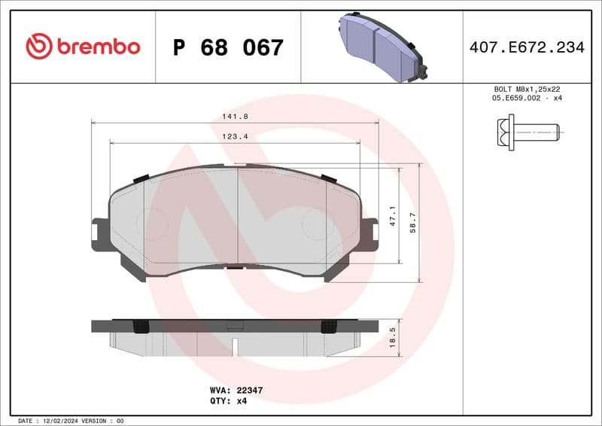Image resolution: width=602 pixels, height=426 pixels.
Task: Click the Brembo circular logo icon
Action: pyautogui.click(x=38, y=47)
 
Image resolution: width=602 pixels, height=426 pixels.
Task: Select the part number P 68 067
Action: pyautogui.click(x=228, y=47)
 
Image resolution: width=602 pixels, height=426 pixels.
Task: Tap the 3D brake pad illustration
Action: pyautogui.click(x=381, y=46)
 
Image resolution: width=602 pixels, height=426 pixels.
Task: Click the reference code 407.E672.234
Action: pyautogui.click(x=526, y=47)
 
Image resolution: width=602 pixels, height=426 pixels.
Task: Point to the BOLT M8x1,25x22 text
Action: pyautogui.click(x=526, y=89)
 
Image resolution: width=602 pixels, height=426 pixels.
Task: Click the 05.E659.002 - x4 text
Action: pyautogui.click(x=526, y=98)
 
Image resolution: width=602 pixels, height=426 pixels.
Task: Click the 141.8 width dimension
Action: pyautogui.click(x=235, y=116)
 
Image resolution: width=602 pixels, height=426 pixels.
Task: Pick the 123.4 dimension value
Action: pyautogui.click(x=235, y=136)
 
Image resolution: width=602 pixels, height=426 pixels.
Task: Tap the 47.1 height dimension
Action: pyautogui.click(x=391, y=216)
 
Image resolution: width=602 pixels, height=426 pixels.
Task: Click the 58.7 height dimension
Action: pyautogui.click(x=412, y=222)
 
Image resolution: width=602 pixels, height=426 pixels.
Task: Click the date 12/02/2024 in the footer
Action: pyautogui.click(x=61, y=420)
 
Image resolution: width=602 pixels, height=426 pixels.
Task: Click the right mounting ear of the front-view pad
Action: pyautogui.click(x=369, y=233)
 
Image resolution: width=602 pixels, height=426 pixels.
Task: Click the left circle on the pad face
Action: pyautogui.click(x=150, y=224)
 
